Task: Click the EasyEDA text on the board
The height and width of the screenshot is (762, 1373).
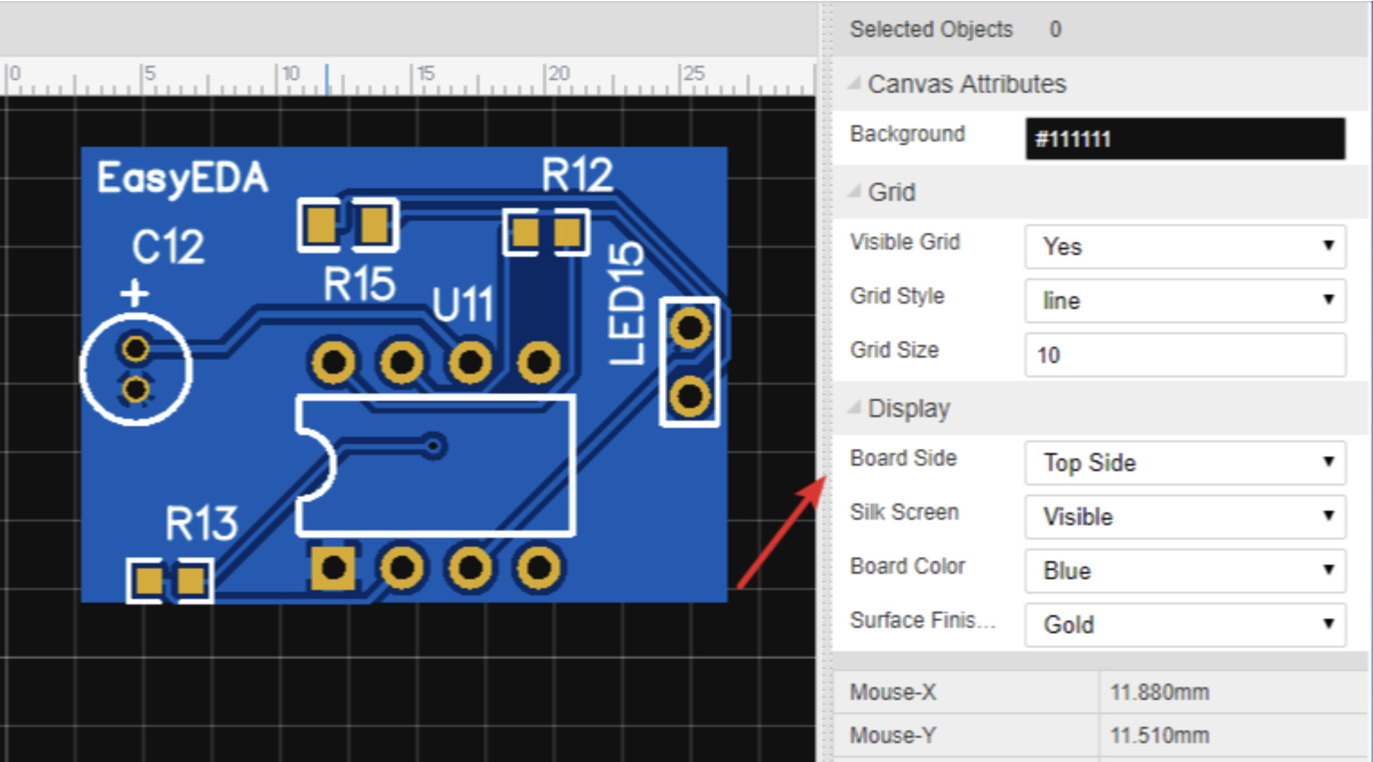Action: [x=182, y=178]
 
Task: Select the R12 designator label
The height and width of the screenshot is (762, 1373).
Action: [x=577, y=175]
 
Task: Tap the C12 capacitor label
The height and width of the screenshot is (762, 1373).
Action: [x=168, y=247]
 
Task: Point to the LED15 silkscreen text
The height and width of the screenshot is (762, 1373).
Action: [x=626, y=304]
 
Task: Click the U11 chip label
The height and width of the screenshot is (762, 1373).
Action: [x=463, y=304]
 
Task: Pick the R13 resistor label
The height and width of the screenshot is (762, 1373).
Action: [x=201, y=523]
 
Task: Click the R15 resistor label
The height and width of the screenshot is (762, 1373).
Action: [x=359, y=284]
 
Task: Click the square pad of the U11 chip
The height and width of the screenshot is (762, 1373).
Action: [x=332, y=568]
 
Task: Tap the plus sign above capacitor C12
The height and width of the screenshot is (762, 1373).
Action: [x=135, y=294]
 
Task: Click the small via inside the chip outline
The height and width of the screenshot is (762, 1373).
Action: [x=434, y=446]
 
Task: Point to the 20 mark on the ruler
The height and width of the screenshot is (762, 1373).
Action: [x=559, y=74]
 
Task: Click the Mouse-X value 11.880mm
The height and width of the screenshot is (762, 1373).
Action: [x=1159, y=692]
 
